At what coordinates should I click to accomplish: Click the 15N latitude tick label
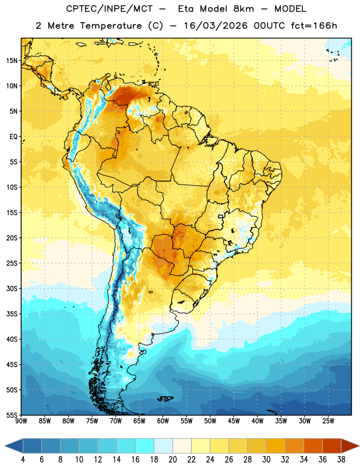click(x=12, y=61)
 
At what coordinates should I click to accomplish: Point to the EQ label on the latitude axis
click(x=13, y=137)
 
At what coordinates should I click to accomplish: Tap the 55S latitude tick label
click(x=12, y=415)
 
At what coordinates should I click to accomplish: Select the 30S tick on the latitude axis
click(x=12, y=288)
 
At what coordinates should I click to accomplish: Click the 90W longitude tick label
click(x=21, y=421)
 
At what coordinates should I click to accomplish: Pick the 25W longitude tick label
click(x=328, y=421)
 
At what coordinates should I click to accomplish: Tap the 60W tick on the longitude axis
click(x=163, y=421)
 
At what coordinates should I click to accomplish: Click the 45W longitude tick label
click(x=234, y=421)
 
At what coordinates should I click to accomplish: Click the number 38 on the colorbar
click(x=341, y=460)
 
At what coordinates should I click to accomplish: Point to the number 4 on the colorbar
click(x=23, y=460)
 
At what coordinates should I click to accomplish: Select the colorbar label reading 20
click(x=172, y=460)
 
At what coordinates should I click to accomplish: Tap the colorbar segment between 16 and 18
click(x=145, y=446)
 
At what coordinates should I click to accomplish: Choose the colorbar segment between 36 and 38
click(x=332, y=446)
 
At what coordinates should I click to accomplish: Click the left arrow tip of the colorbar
click(x=5, y=446)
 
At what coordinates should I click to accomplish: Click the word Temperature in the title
click(x=111, y=26)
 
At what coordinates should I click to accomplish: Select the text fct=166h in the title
click(x=314, y=26)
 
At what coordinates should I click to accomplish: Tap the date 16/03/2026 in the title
click(x=216, y=26)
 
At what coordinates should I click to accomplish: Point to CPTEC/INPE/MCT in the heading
click(x=110, y=9)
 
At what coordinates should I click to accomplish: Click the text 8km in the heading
click(x=243, y=9)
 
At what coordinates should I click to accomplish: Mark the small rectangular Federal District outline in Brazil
click(x=221, y=216)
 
